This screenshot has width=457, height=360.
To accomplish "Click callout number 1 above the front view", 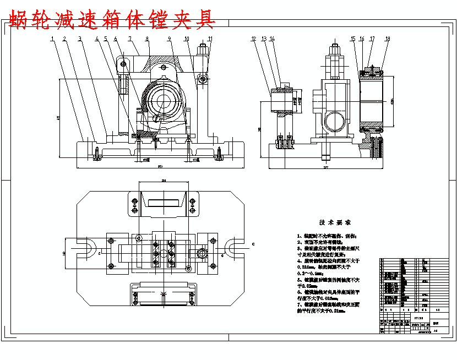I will [52, 39].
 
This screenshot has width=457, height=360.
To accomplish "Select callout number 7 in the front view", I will [129, 39].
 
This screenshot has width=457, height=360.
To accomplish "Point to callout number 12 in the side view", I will [253, 39].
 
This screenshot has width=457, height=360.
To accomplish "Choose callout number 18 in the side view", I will [388, 39].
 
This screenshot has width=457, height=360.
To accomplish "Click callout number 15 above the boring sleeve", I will [353, 39].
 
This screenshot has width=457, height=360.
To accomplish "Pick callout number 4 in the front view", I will [97, 39].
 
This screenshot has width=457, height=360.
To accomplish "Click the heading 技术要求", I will [335, 223].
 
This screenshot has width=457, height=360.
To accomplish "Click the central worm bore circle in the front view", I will [164, 101].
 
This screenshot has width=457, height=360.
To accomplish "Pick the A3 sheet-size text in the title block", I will [435, 331].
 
